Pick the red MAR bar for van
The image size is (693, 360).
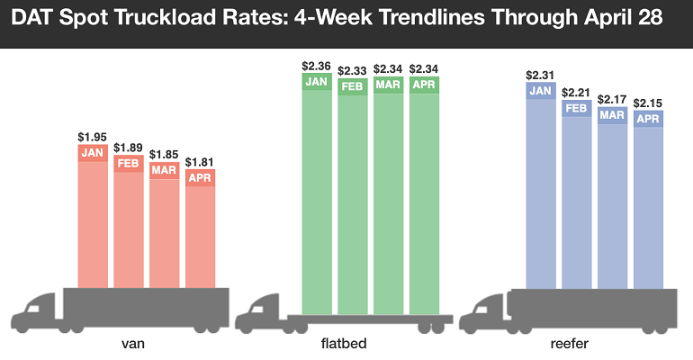(164, 229)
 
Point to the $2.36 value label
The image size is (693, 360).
(317, 66)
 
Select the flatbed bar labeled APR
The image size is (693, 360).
(424, 189)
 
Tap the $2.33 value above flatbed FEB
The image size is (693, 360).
(352, 69)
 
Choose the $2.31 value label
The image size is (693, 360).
(540, 75)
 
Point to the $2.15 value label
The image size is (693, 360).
(648, 103)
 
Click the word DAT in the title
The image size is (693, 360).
(34, 18)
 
